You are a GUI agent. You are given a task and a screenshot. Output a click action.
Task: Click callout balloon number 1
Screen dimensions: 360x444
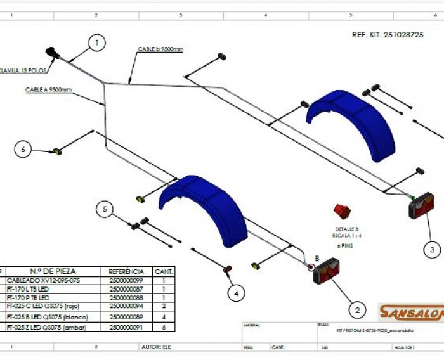[97, 43]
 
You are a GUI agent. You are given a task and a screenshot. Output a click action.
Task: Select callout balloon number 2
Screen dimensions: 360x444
[357, 310]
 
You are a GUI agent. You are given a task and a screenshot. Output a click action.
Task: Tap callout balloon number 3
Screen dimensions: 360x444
[431, 250]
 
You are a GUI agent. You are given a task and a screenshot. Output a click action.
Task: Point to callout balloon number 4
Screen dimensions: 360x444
[236, 293]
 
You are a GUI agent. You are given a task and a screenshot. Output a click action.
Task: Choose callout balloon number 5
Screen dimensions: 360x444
[105, 208]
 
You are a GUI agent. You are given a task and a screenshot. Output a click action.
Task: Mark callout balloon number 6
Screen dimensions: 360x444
[23, 150]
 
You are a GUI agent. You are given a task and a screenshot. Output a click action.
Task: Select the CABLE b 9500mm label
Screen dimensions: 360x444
[160, 49]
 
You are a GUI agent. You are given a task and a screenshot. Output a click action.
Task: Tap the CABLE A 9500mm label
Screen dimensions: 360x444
[48, 90]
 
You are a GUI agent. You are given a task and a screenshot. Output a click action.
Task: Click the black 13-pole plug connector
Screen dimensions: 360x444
[52, 53]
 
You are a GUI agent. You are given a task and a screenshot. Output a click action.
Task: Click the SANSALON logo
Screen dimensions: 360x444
[410, 311]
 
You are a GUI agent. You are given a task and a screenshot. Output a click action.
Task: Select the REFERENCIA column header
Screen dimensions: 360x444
[126, 271]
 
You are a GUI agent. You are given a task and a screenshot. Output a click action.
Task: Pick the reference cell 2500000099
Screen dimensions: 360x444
[126, 280]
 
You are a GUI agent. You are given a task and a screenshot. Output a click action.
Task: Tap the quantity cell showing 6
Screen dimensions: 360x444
[164, 327]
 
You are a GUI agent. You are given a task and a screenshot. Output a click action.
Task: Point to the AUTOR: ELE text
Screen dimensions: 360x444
[158, 347]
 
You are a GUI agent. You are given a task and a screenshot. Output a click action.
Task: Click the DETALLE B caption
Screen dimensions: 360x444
[347, 229]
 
